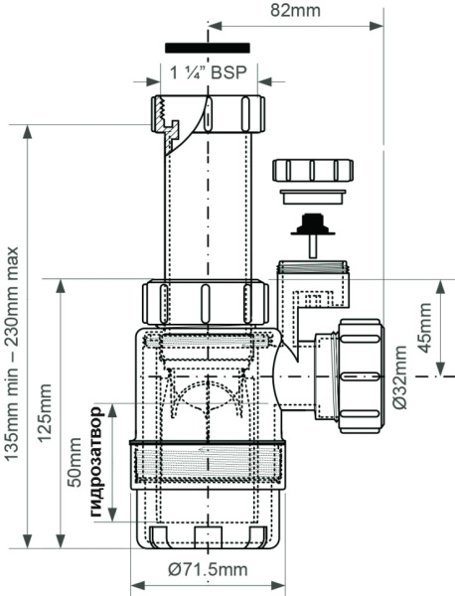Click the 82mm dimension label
pos(295,10)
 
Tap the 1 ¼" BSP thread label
pos(209,73)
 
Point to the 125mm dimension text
pos(45,413)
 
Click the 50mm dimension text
pos(75,462)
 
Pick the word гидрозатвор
pos(96,462)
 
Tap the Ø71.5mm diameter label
pos(208,569)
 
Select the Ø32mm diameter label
pos(400,377)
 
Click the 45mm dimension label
pos(425,328)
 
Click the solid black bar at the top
pos(208,48)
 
